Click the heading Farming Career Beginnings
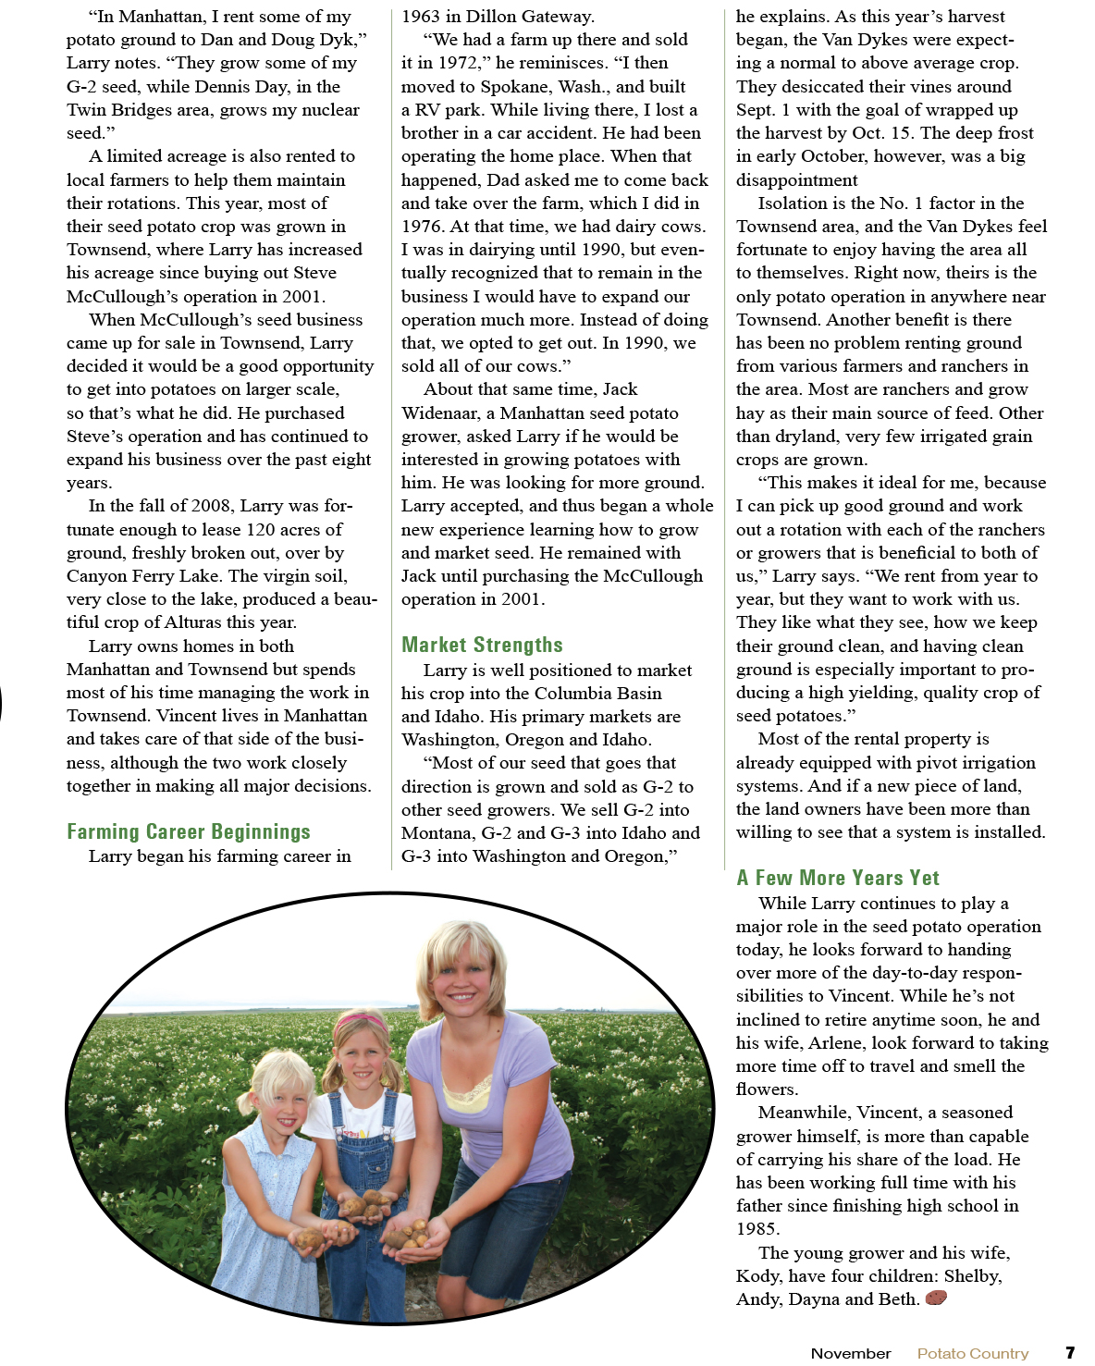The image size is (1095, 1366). tap(189, 831)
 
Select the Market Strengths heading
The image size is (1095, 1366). tap(482, 645)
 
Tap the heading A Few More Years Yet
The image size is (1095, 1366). tap(838, 878)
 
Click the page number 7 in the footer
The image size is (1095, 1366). tap(1070, 1352)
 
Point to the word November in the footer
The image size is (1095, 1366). tap(851, 1353)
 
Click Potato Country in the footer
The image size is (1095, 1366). tap(973, 1353)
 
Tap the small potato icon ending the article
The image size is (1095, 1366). tap(936, 1298)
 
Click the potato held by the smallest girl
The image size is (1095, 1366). tap(311, 1237)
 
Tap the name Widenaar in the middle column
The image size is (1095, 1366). tap(439, 412)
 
